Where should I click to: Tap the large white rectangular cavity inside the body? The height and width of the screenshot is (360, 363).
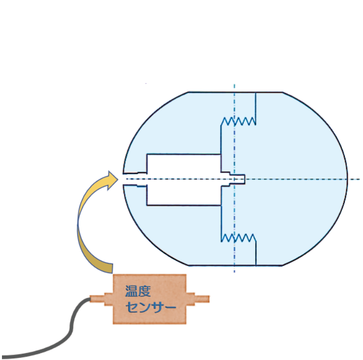click(x=184, y=178)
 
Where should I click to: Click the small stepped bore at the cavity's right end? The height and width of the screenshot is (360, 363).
click(x=237, y=178)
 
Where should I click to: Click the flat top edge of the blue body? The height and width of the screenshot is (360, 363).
click(x=235, y=92)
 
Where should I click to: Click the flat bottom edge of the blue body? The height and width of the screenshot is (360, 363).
click(x=235, y=265)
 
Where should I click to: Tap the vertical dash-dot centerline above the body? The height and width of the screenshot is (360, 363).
click(x=235, y=87)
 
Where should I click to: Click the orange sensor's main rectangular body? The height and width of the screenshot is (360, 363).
click(x=149, y=299)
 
